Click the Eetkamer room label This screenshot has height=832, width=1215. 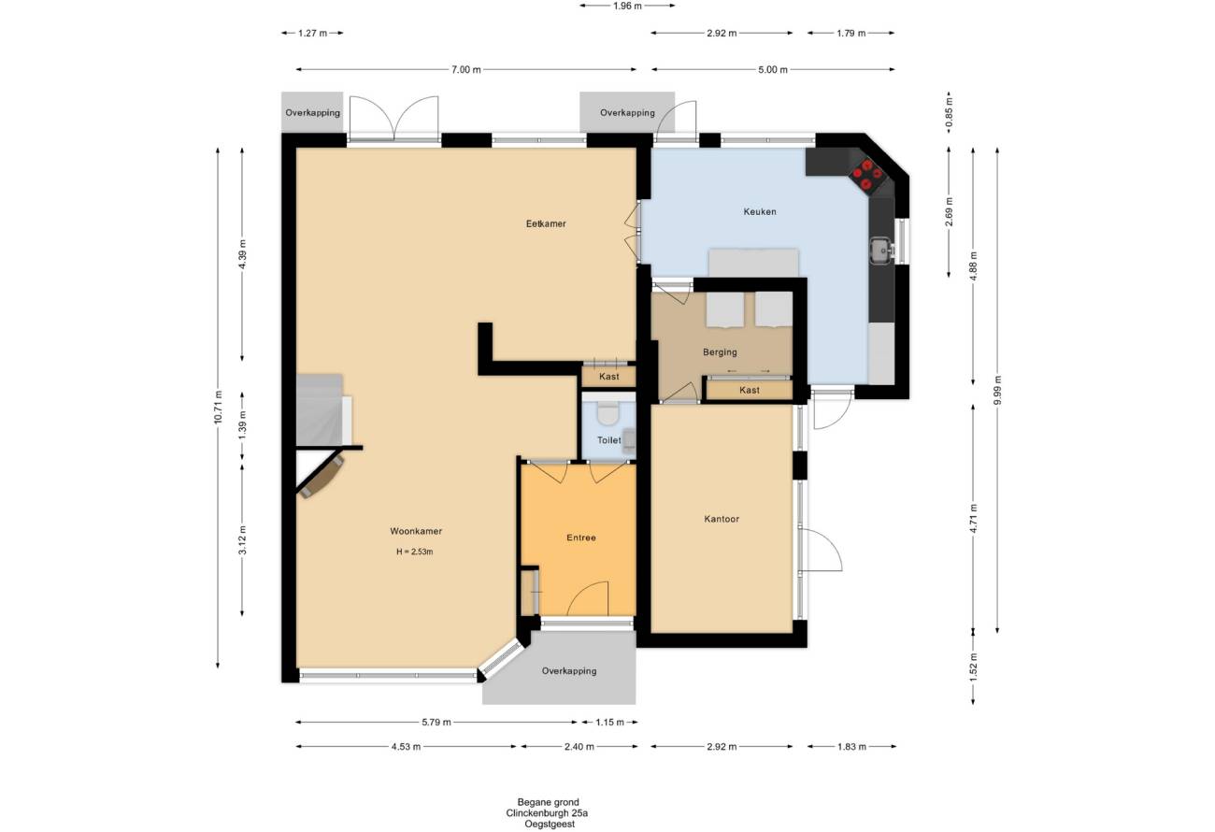[x=546, y=223]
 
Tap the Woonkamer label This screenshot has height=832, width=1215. [x=416, y=531]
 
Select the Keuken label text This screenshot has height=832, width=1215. [x=759, y=211]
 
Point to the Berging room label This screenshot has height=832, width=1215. [x=720, y=352]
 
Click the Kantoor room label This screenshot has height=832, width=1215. [x=722, y=519]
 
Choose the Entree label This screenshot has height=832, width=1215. [x=581, y=538]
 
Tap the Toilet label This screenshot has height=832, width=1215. [x=608, y=440]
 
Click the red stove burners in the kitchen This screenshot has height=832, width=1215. [x=866, y=175]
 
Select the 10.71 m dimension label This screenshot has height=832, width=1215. [x=218, y=408]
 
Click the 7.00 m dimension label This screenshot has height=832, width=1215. [x=466, y=69]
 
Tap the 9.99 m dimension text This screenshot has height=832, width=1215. [x=997, y=390]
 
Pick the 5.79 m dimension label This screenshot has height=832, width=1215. [x=436, y=722]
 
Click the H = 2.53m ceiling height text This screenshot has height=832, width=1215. [x=414, y=552]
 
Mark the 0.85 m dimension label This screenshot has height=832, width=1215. [x=949, y=115]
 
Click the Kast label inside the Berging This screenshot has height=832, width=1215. [x=749, y=390]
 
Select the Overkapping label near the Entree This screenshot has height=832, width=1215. [x=569, y=671]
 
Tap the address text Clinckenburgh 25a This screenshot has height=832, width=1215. [x=547, y=813]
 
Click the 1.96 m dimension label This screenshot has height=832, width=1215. [x=627, y=6]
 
